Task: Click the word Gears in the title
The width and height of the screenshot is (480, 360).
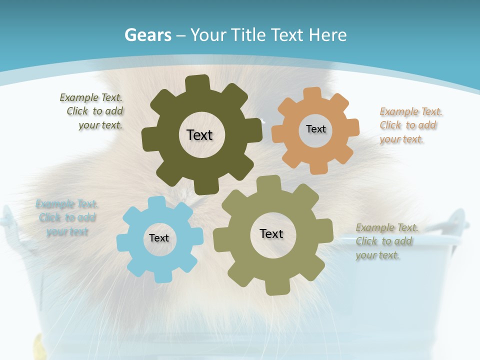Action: coord(147,35)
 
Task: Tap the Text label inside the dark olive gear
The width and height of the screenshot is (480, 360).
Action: coord(199,135)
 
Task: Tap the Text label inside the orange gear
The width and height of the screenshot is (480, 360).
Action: coord(315,129)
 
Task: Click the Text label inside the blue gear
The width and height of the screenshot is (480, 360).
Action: coord(159,238)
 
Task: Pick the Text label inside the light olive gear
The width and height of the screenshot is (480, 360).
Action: coord(271,233)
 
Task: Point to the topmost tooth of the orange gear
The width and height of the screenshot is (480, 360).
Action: coord(312,93)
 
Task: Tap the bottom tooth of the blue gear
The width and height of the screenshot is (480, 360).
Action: coord(161,277)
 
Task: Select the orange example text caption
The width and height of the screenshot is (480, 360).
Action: coord(411,125)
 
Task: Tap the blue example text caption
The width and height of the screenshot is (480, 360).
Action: coord(66,218)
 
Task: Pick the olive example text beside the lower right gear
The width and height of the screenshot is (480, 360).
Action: coord(386,241)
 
